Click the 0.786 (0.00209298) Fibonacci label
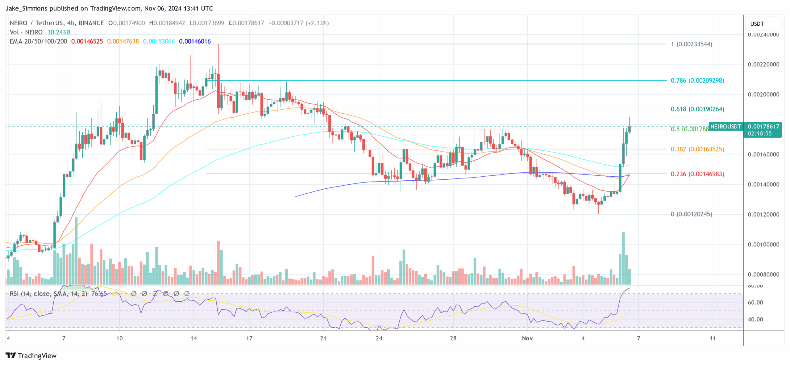click(x=697, y=81)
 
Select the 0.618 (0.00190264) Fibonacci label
click(x=697, y=109)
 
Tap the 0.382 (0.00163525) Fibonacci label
click(x=697, y=149)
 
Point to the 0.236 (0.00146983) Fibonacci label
click(x=697, y=174)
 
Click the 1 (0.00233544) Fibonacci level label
click(x=691, y=44)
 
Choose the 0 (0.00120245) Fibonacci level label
click(x=691, y=214)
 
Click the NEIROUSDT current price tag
click(x=726, y=127)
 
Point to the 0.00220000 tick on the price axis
click(x=763, y=65)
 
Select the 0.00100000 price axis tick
click(x=763, y=245)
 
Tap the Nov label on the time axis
click(x=527, y=338)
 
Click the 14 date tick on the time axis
click(x=193, y=338)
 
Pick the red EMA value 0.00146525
click(x=87, y=41)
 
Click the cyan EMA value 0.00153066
click(x=159, y=41)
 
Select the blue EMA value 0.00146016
click(x=195, y=41)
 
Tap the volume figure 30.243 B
click(x=59, y=32)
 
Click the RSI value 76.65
click(x=99, y=294)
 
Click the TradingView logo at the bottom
click(x=31, y=356)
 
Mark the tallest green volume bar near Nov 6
click(x=623, y=258)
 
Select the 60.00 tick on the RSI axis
click(x=755, y=303)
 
